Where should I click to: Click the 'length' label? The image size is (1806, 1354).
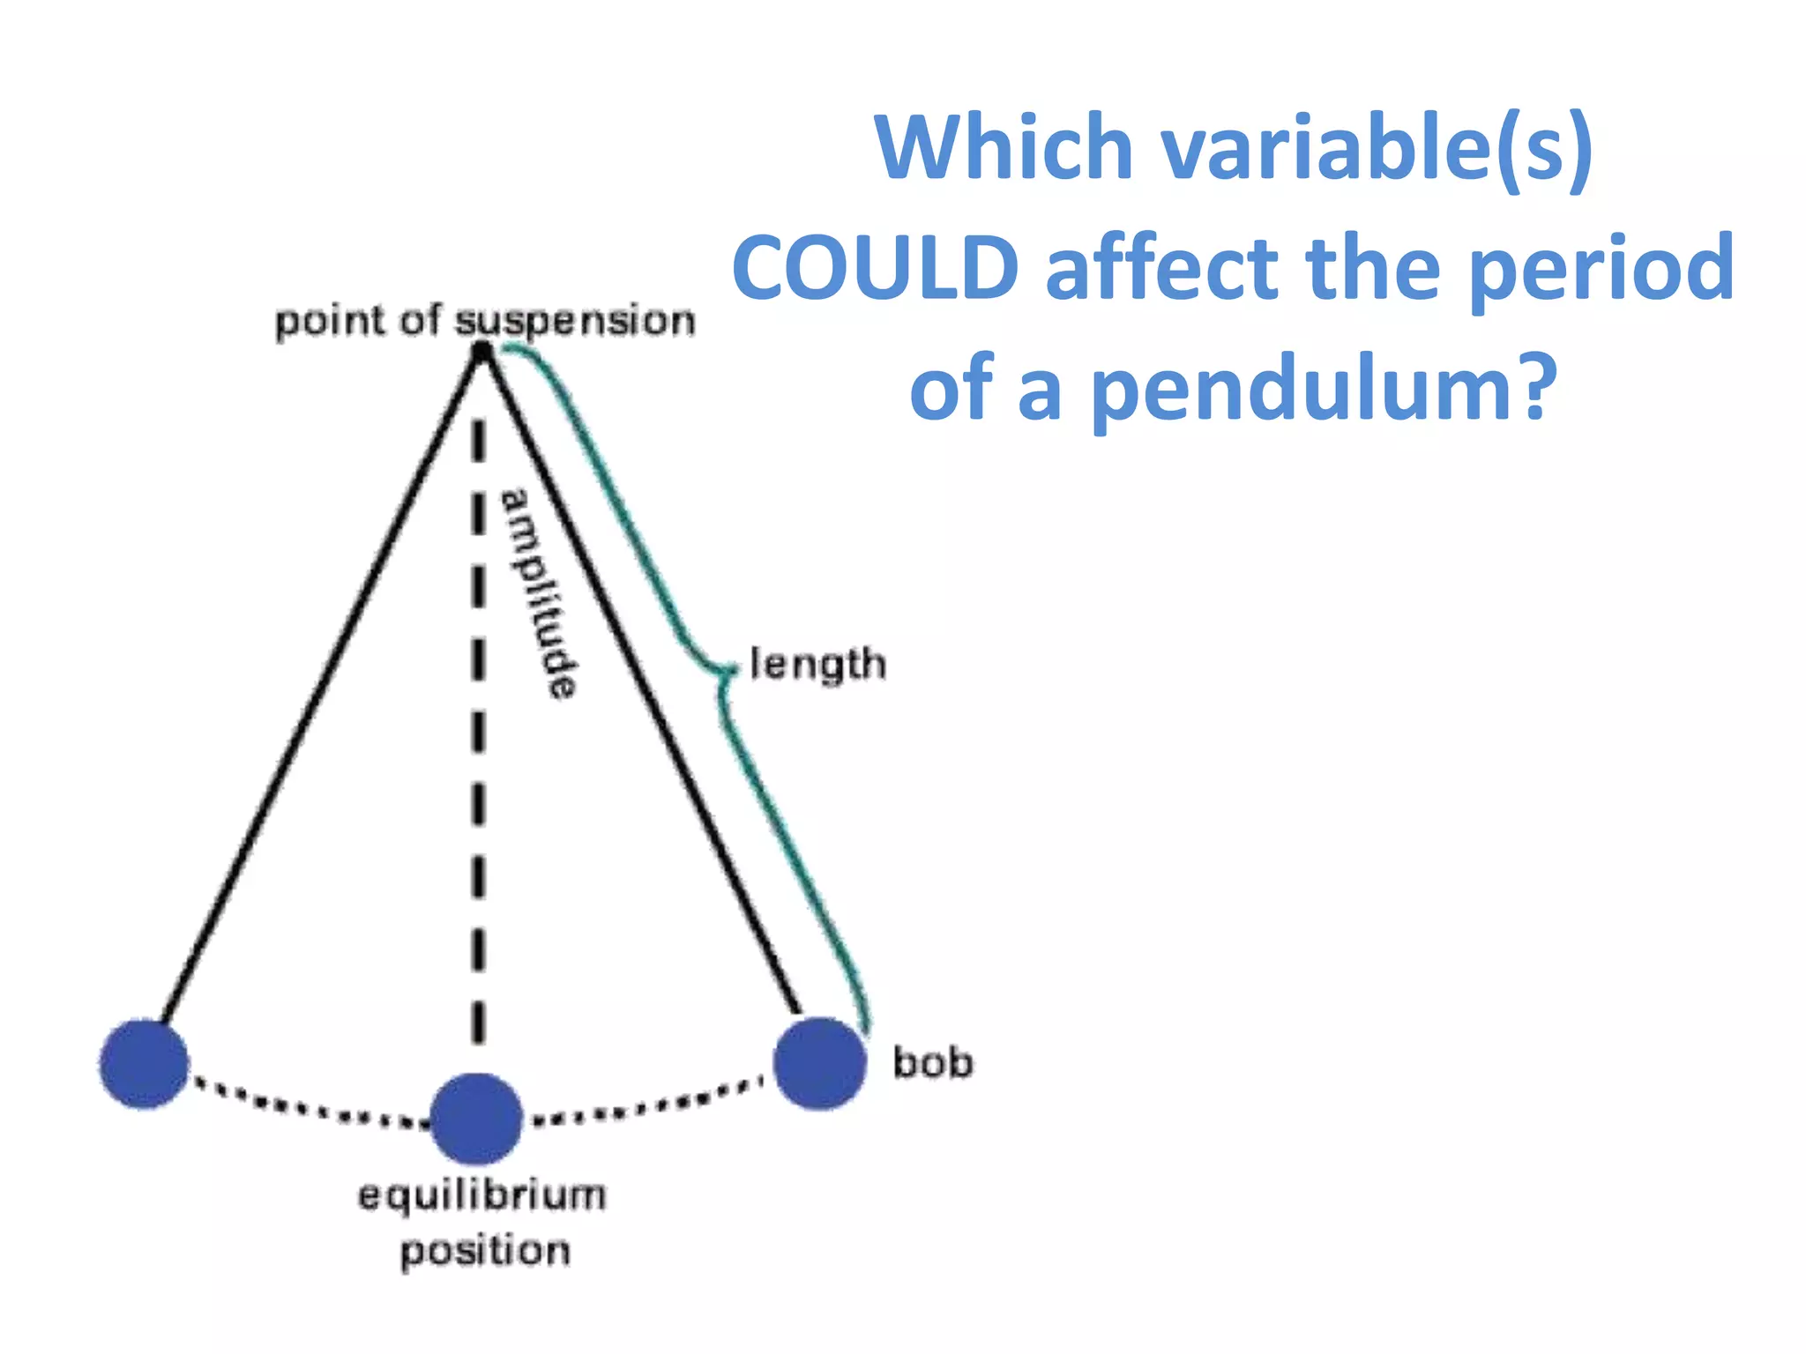(817, 664)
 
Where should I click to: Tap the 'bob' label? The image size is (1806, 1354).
(933, 1062)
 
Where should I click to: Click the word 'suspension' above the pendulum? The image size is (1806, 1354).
(575, 322)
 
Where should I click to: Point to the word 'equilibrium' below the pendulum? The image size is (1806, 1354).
(481, 1196)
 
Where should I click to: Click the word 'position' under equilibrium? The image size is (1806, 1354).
(485, 1251)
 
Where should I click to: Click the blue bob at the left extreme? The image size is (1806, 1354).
(144, 1063)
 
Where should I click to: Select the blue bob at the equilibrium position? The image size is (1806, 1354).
(476, 1119)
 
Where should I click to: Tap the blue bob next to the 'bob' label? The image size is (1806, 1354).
(820, 1063)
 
